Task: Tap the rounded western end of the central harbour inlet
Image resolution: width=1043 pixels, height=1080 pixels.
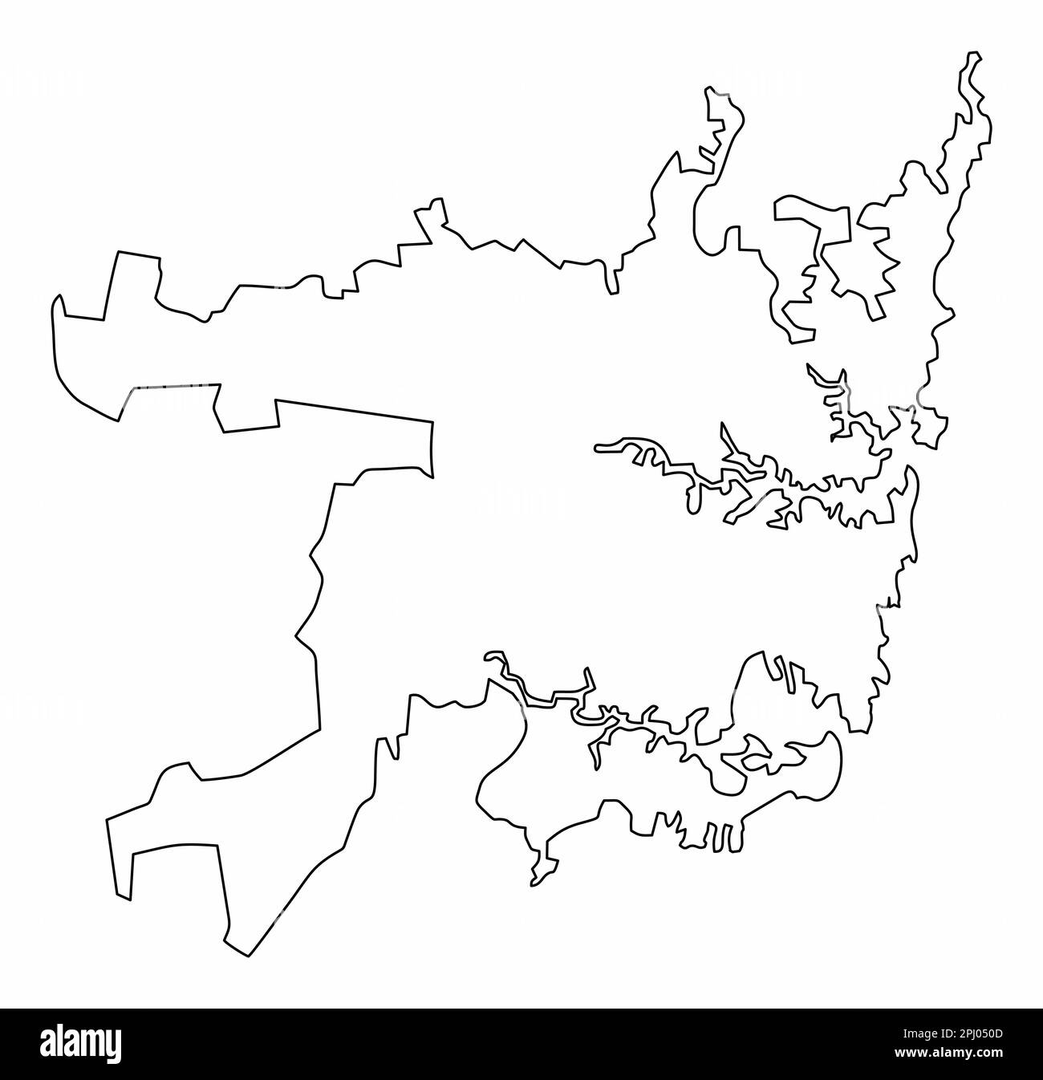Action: click(x=597, y=446)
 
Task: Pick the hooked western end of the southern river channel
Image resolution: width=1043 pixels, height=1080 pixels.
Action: click(x=489, y=658)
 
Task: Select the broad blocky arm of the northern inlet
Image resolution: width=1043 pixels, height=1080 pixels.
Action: click(x=810, y=213)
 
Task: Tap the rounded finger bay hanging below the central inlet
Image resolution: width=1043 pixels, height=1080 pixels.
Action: click(x=688, y=501)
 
